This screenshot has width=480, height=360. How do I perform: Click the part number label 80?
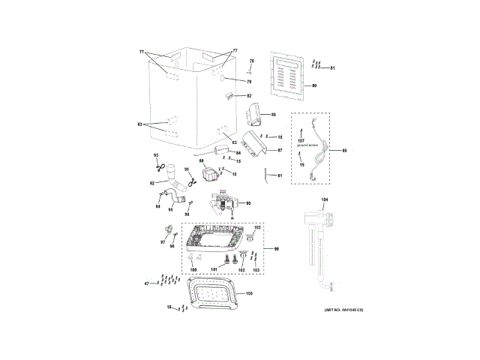(314, 85)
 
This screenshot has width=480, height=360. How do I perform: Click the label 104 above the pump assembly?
(325, 199)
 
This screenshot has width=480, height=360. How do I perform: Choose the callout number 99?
(275, 248)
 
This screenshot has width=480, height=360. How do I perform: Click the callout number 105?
(250, 292)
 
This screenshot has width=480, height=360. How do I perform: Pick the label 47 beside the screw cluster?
(147, 283)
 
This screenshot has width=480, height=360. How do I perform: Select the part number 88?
(201, 161)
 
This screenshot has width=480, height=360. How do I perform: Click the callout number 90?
(248, 203)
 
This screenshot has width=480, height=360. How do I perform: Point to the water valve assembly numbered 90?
(223, 201)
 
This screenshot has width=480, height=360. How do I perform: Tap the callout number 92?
(151, 182)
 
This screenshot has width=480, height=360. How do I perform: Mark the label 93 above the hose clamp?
(156, 155)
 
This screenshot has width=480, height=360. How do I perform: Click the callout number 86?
(274, 115)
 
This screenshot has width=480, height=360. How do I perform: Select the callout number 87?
(279, 150)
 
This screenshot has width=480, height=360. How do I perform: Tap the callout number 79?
(250, 81)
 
